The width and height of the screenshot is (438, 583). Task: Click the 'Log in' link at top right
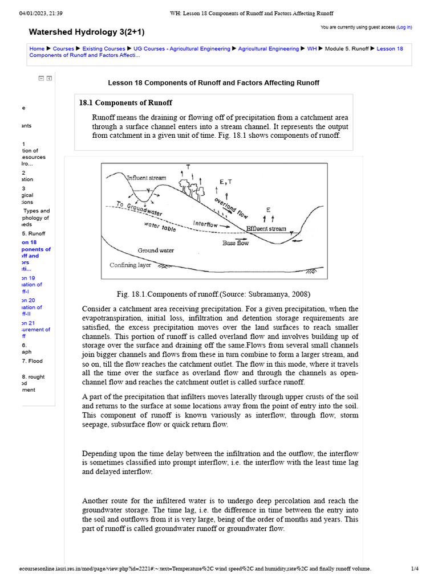click(404, 27)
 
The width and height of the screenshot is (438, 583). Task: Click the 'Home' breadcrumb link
click(36, 49)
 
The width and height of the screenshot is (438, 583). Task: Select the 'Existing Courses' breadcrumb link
click(106, 49)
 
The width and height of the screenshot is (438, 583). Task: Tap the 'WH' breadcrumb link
click(312, 49)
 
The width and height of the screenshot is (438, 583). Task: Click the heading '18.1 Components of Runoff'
click(125, 102)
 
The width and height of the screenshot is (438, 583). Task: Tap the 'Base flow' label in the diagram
click(236, 243)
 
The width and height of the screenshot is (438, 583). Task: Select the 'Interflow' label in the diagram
click(205, 224)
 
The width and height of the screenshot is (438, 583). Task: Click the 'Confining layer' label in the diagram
click(130, 265)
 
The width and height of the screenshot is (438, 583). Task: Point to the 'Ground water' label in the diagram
click(156, 251)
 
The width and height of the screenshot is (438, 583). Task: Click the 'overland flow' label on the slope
click(231, 208)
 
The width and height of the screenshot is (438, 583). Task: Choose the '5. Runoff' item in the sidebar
click(34, 233)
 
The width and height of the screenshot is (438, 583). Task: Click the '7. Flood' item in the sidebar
click(33, 361)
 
